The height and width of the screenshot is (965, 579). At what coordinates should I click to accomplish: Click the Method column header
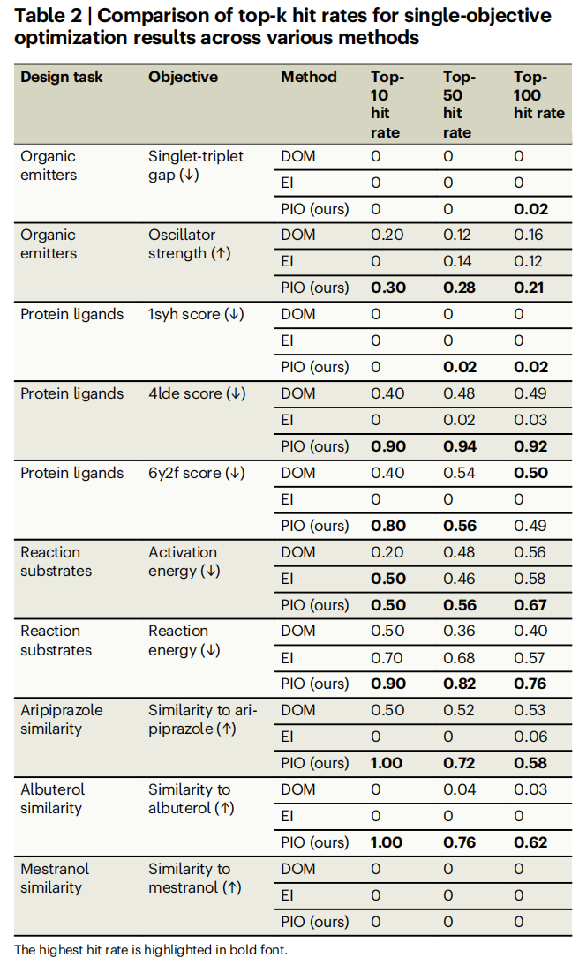(x=309, y=77)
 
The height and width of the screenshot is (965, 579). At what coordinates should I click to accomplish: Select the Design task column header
(x=62, y=77)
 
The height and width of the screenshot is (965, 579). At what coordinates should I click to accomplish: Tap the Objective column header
(x=183, y=77)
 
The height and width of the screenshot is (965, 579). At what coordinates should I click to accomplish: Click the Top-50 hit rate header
(x=457, y=105)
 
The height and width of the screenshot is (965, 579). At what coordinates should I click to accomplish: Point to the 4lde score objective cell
(x=197, y=393)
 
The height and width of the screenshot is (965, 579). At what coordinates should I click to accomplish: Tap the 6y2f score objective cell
(x=197, y=473)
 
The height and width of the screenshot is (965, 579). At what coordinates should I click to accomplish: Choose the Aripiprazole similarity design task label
(x=62, y=719)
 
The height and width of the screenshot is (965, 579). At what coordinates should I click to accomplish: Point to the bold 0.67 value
(x=530, y=605)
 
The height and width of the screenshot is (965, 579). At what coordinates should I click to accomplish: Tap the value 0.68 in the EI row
(x=456, y=657)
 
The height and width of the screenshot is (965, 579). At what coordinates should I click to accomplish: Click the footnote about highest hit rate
(x=150, y=949)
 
